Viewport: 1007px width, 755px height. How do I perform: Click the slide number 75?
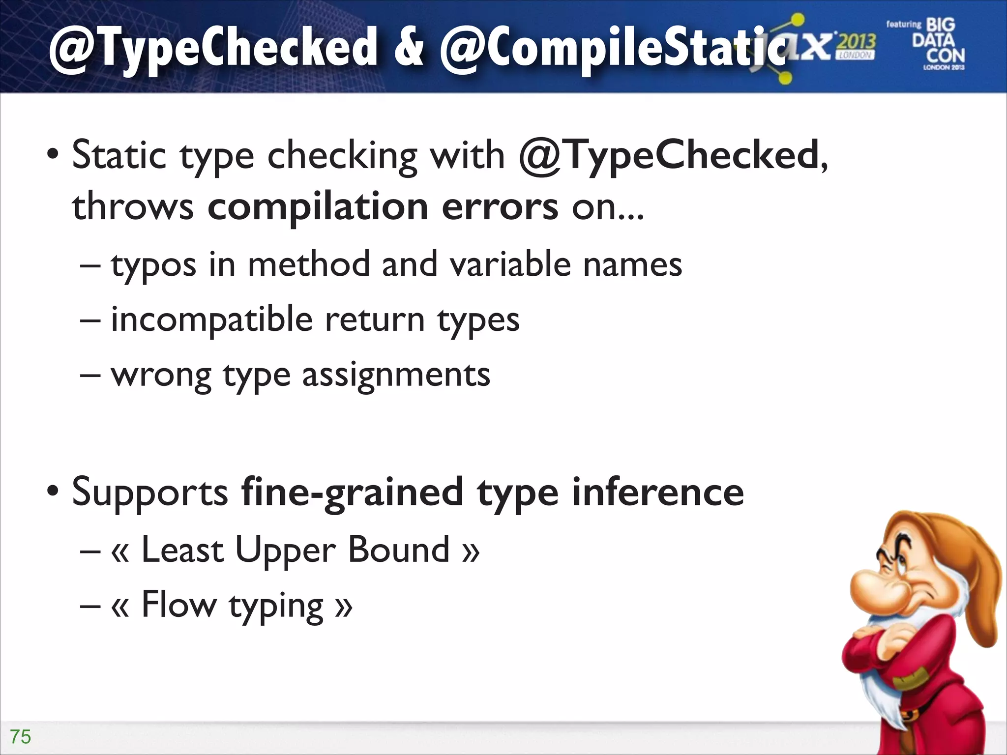(21, 737)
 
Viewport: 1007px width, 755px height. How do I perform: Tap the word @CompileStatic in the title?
(612, 49)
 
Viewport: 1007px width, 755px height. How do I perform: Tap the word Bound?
(399, 550)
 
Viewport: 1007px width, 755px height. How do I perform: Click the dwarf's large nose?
(873, 590)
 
